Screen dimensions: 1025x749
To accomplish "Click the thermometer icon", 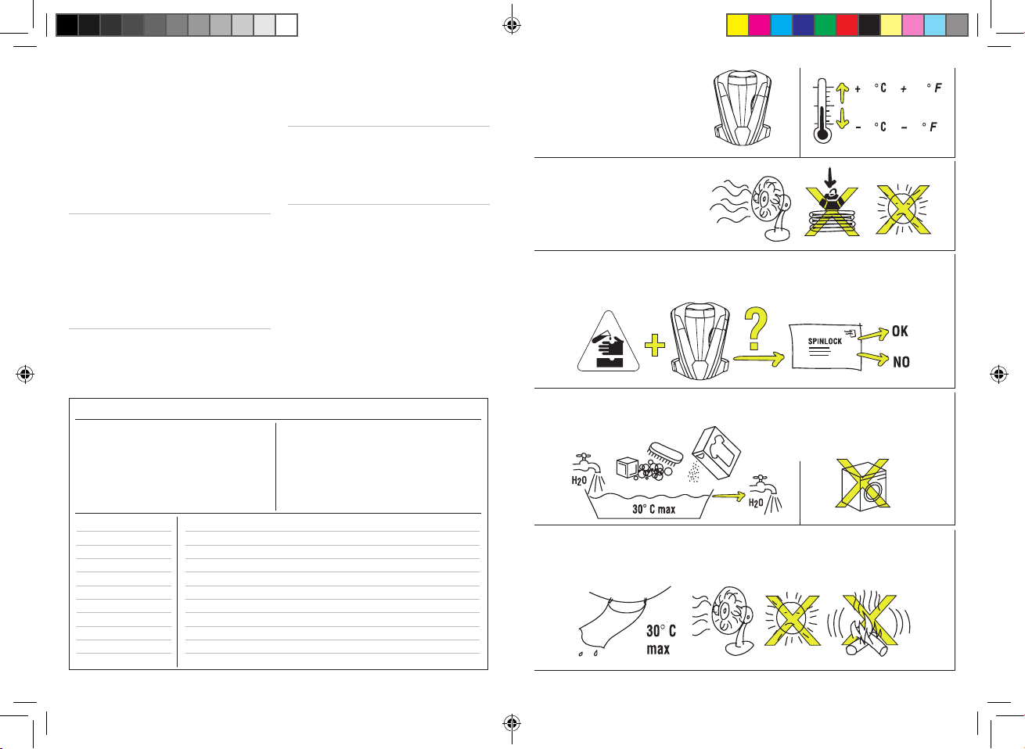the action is [822, 111].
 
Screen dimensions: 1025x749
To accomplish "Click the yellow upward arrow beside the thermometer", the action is [843, 93].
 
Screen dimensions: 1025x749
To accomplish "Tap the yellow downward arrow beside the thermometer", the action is [843, 118].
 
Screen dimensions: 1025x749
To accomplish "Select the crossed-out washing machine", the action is [863, 484].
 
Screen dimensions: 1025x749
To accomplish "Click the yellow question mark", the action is [756, 328].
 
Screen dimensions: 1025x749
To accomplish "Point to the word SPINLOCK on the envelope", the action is [825, 341].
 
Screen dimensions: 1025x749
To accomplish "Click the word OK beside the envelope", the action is [900, 331].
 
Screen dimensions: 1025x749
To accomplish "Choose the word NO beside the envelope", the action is [901, 362].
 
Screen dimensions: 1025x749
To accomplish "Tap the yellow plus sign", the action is [655, 346].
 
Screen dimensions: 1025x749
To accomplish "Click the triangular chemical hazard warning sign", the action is [608, 342].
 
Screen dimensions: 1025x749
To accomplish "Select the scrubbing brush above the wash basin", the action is [665, 453].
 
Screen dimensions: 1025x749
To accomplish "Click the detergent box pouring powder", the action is [716, 453].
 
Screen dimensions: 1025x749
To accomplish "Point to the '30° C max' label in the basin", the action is [653, 509].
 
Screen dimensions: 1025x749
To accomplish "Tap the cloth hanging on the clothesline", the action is [611, 625].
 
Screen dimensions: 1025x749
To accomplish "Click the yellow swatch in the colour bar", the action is [737, 25].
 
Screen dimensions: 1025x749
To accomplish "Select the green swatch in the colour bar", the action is [825, 25].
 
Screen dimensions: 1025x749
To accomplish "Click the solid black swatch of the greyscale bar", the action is [67, 25].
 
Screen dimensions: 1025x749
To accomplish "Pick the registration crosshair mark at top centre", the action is [512, 25].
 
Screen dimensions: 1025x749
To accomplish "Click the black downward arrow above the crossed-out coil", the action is [830, 177].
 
